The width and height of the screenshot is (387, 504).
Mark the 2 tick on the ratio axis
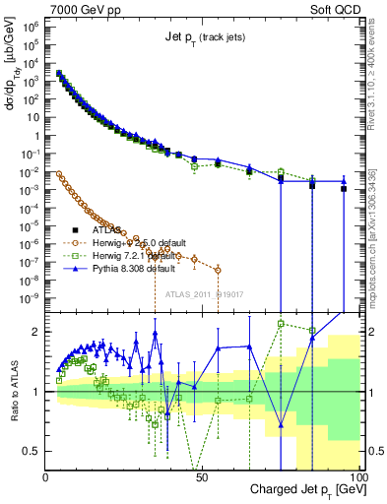tap(37, 331)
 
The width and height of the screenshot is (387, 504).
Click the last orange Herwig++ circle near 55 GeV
tap(218, 270)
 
